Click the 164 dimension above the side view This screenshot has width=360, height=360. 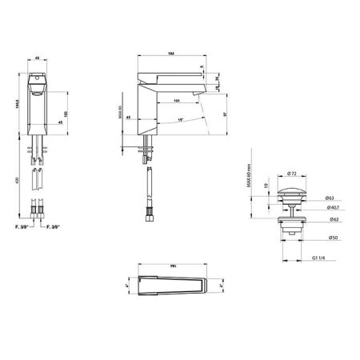[171, 54]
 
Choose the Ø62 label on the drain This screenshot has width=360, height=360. [330, 218]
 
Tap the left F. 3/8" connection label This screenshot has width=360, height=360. [22, 228]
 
